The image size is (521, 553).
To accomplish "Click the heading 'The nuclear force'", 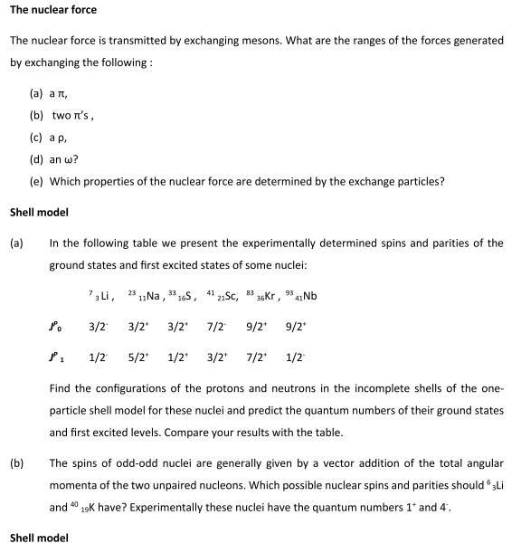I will point(52,10).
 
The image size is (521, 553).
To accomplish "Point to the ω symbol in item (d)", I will point(71,159).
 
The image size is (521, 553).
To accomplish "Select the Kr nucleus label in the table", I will point(262,296).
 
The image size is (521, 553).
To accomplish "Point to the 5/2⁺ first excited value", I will point(137,358).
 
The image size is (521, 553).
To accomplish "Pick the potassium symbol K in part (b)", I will point(96,507).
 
